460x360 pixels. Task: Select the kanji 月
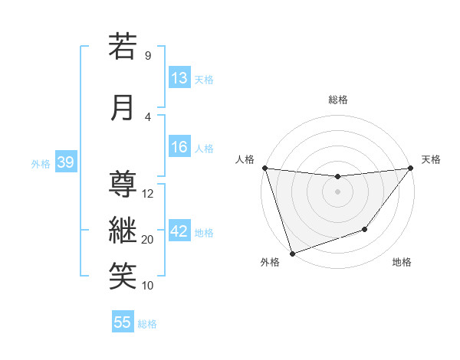(123, 106)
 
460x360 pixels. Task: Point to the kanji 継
(123, 229)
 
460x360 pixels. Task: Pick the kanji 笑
(123, 276)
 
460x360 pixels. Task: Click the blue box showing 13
(179, 77)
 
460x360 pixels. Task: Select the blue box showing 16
(179, 147)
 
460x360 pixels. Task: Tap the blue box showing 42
(179, 231)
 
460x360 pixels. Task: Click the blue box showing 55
(123, 322)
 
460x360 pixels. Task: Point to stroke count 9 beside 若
(147, 55)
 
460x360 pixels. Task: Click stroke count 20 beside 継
(148, 240)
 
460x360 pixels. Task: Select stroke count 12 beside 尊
(148, 194)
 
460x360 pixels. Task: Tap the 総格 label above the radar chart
(337, 100)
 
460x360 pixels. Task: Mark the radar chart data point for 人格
(264, 168)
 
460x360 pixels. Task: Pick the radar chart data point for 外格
(292, 253)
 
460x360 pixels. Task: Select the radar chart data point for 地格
(365, 229)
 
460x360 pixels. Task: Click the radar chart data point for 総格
(337, 177)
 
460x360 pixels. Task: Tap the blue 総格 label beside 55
(147, 324)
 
